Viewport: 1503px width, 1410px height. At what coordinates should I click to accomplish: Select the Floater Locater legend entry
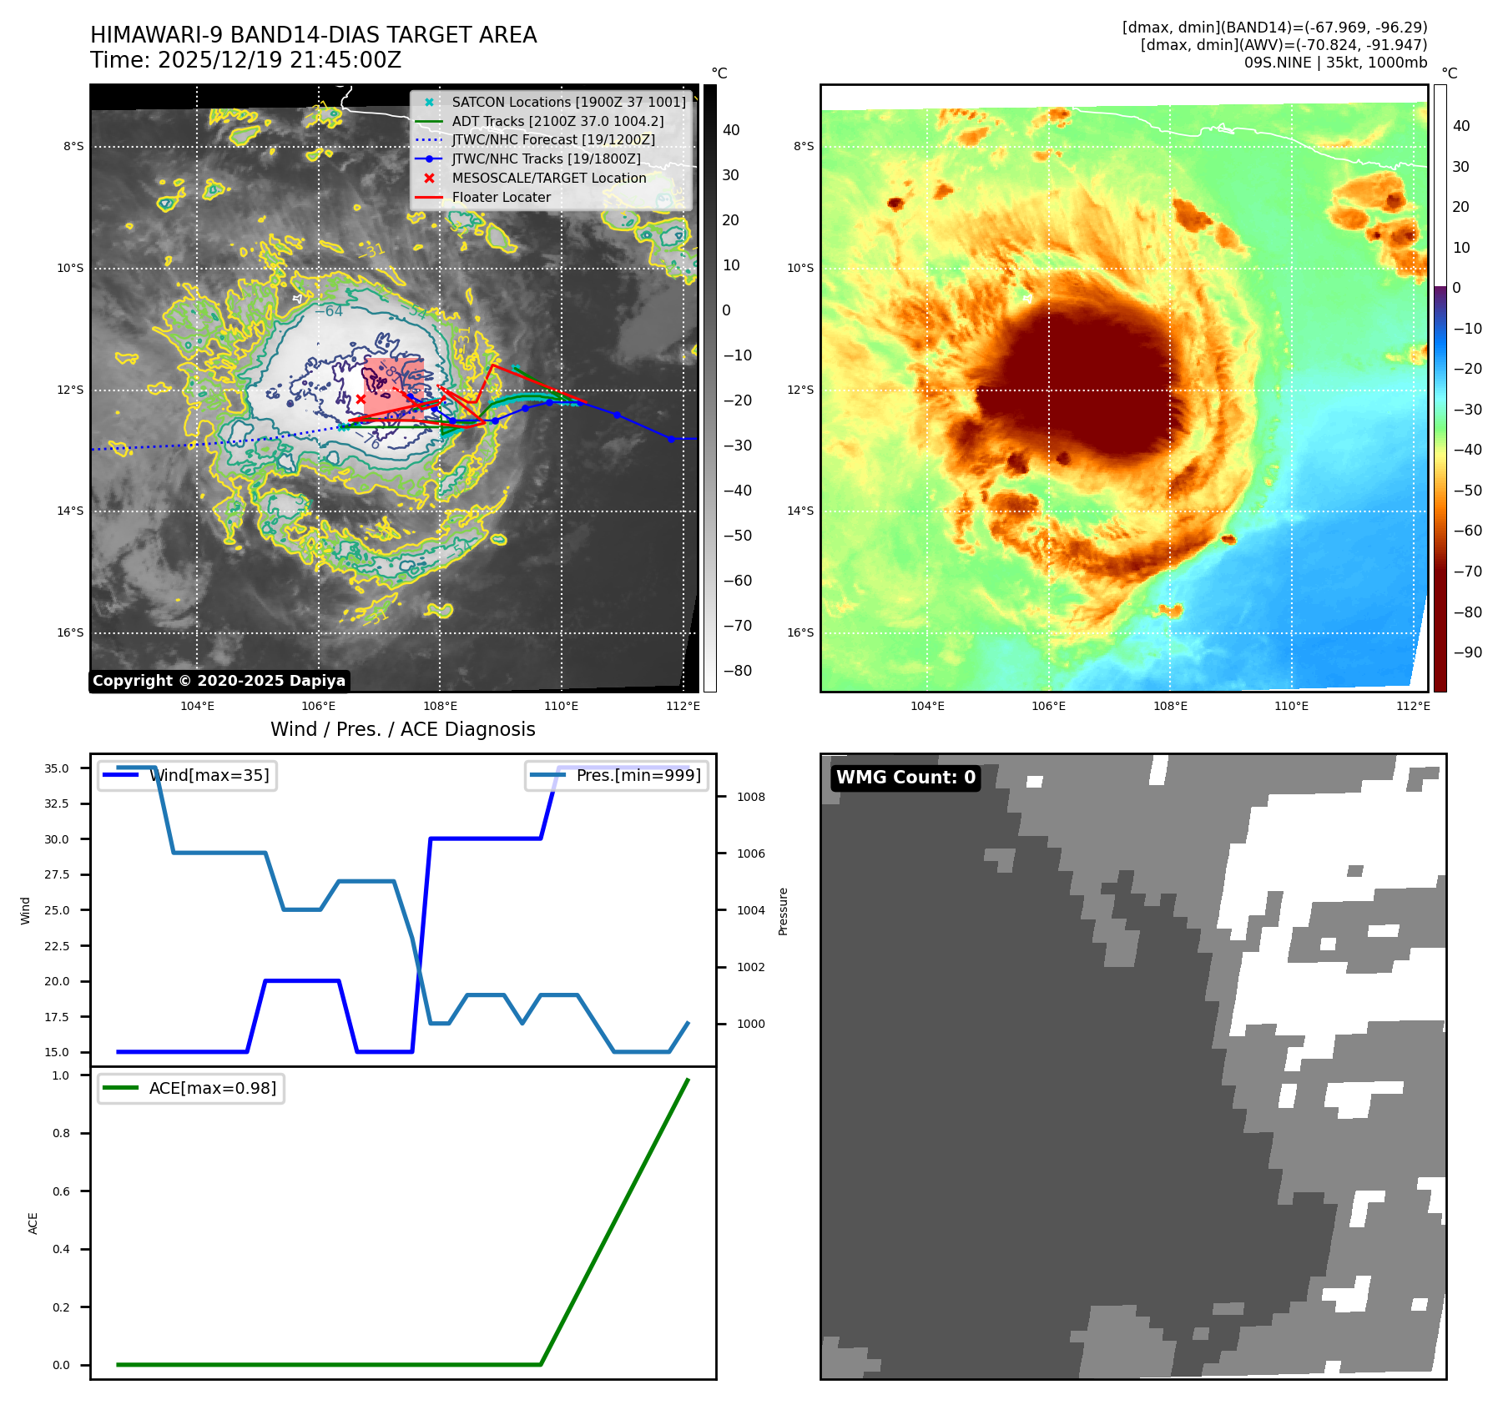click(501, 197)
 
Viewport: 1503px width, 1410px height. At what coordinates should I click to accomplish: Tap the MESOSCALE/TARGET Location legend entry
click(548, 178)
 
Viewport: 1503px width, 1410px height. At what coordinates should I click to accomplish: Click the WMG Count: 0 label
click(905, 778)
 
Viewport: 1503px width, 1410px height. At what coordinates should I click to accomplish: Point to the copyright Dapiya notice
click(219, 681)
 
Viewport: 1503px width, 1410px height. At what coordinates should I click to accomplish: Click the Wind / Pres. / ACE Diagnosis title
click(402, 729)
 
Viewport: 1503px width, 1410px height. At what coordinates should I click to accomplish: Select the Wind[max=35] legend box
click(187, 775)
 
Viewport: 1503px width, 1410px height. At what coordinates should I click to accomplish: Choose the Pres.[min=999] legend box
click(617, 775)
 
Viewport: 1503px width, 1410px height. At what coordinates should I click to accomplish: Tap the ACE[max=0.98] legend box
click(190, 1088)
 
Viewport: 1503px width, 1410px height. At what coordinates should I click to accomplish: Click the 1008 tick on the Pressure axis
click(750, 797)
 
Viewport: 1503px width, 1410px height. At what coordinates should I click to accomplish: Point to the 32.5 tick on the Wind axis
click(57, 803)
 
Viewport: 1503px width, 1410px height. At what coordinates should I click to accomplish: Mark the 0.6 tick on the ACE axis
click(61, 1191)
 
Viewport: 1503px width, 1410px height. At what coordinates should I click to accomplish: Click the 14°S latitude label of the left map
click(70, 511)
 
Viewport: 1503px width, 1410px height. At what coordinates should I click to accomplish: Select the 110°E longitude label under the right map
click(1291, 706)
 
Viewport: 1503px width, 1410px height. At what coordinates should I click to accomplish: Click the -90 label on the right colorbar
click(1466, 652)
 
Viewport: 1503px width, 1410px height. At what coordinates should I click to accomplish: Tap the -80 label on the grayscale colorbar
click(736, 671)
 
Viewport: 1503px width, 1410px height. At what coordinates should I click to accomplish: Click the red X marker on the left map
click(361, 399)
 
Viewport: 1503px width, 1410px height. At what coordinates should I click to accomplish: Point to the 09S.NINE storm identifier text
click(1277, 63)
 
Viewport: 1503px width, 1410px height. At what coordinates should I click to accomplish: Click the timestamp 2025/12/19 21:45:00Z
click(280, 60)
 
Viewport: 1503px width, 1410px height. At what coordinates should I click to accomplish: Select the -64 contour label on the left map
click(329, 311)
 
